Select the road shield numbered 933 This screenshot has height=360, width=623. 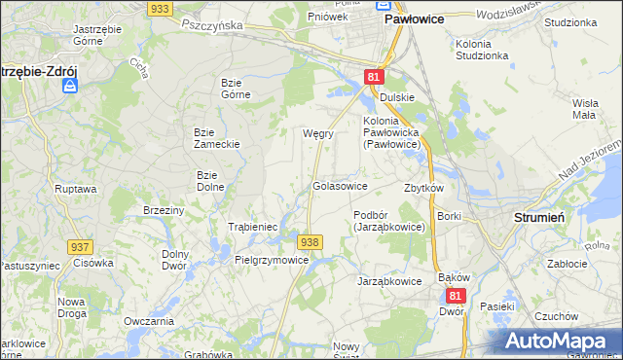coord(161,8)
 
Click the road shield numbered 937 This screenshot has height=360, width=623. coord(81,247)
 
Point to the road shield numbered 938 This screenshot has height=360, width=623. coord(310,241)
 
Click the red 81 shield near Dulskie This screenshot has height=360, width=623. coord(375,76)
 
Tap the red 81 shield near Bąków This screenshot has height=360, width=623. coord(457,293)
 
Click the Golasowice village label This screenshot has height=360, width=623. coord(340,185)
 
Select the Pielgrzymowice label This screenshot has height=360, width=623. coord(272,260)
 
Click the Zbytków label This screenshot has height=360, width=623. coord(423,188)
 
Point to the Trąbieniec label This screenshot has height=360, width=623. coord(253,227)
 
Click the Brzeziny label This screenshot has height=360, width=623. coord(163,210)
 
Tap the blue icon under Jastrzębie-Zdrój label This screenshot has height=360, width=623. coord(69,86)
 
